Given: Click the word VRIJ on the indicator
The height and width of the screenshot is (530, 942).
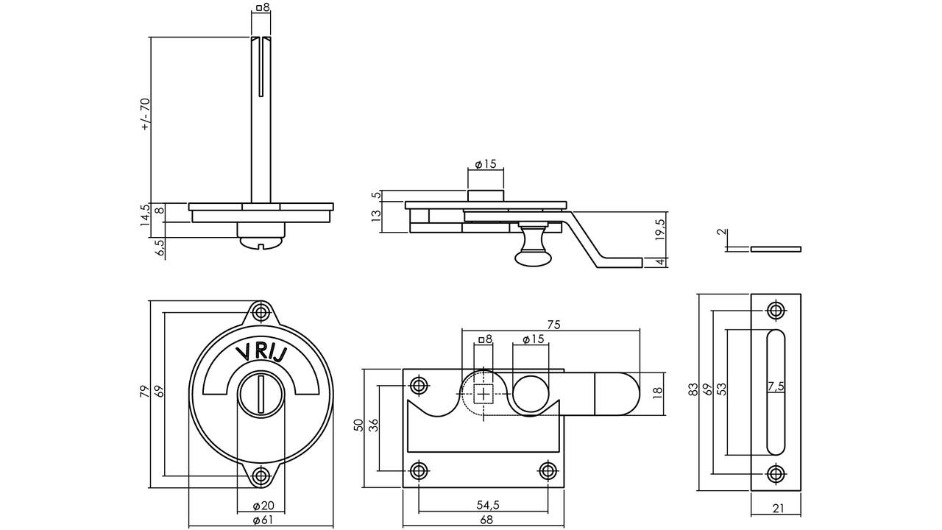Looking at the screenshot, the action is click(261, 353).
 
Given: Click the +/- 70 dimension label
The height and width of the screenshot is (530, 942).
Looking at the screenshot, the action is click(145, 114).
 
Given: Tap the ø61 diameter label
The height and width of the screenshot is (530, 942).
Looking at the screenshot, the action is click(263, 520).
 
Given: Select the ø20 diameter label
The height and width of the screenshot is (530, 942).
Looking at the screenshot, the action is click(263, 506).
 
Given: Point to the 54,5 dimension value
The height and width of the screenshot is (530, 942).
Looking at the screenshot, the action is click(488, 505).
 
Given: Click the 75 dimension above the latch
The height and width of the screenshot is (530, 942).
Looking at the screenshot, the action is click(553, 325).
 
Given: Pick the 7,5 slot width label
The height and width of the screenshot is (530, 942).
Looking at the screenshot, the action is click(776, 386).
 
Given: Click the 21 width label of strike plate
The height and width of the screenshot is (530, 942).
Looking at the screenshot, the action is click(779, 509).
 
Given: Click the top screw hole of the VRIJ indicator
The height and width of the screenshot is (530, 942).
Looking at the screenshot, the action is click(261, 313).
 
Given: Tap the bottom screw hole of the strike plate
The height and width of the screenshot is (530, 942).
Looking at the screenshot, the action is click(776, 475).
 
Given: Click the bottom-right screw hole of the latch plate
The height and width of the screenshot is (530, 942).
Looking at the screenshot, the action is click(548, 470).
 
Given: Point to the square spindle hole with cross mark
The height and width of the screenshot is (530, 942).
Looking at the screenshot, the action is click(484, 394).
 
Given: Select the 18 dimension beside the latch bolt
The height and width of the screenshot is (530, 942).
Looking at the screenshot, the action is click(658, 393).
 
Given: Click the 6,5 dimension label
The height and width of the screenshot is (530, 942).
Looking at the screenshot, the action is click(160, 249).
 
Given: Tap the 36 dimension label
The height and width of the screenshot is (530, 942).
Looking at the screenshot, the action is click(373, 425).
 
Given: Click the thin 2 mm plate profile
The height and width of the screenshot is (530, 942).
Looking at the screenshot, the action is click(776, 249).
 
